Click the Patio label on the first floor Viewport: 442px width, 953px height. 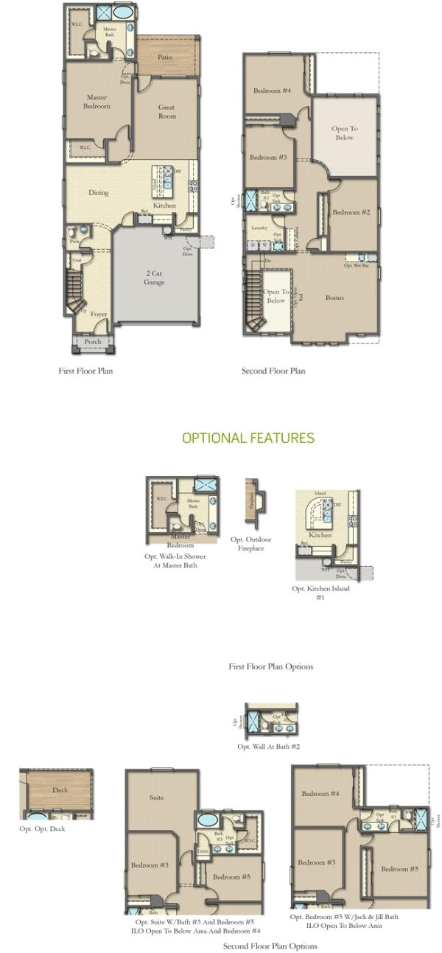click(165, 57)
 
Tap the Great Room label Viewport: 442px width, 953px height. click(166, 111)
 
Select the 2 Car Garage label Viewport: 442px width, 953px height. click(154, 277)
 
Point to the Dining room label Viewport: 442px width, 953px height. click(99, 192)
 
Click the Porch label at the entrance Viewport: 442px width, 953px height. click(93, 342)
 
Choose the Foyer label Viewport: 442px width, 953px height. click(99, 314)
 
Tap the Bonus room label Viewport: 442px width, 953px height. click(334, 298)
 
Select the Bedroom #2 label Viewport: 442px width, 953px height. click(351, 212)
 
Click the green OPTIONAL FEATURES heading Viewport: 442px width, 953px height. click(248, 438)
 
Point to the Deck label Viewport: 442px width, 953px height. click(60, 790)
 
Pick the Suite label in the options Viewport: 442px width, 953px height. click(156, 797)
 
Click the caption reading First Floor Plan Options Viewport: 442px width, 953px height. click(270, 666)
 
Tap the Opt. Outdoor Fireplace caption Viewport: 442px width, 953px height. click(250, 544)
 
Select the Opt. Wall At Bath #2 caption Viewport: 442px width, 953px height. click(268, 747)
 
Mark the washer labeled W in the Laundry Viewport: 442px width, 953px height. click(264, 245)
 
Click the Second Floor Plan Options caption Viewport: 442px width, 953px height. click(270, 946)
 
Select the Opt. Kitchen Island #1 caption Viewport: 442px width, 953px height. click(320, 593)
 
